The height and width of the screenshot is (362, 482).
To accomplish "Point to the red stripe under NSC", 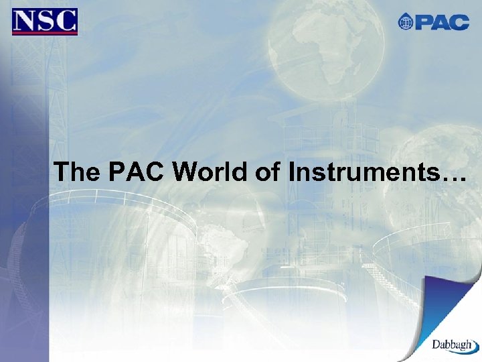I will tap(45, 33).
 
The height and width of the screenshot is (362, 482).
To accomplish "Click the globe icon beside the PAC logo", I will tap(406, 22).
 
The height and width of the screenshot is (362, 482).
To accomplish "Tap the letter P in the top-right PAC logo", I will tap(424, 22).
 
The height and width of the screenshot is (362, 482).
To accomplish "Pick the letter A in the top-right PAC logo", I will tap(441, 22).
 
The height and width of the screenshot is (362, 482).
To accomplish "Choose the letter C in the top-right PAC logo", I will tap(460, 22).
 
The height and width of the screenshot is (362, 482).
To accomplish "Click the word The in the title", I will tap(76, 172).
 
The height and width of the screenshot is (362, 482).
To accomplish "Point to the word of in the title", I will tap(269, 172).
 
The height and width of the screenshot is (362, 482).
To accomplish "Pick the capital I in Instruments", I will tap(293, 172).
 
